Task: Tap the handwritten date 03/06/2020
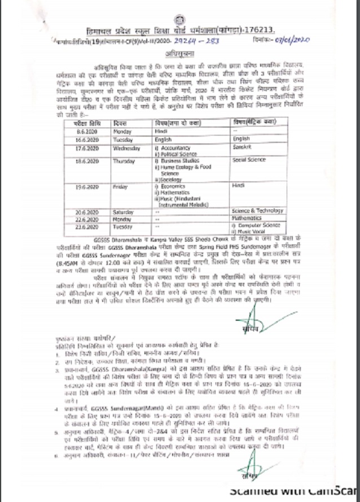[293, 41]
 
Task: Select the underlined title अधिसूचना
[180, 54]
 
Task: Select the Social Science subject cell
[249, 160]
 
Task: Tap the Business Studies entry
[179, 160]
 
